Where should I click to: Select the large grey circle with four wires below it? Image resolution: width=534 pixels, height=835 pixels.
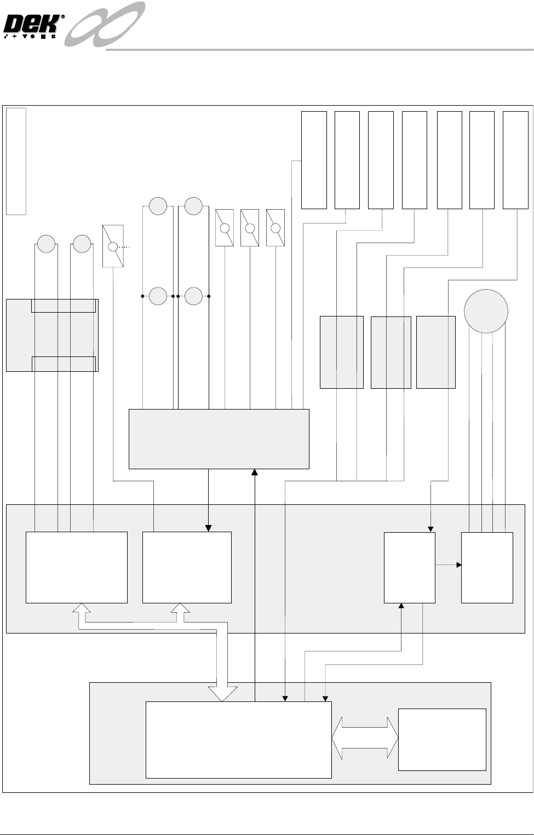tap(486, 311)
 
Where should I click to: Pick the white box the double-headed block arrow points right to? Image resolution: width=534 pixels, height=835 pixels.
tap(442, 739)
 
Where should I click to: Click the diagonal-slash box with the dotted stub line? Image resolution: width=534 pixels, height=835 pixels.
tap(113, 246)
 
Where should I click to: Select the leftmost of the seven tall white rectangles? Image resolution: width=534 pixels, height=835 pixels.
tap(314, 160)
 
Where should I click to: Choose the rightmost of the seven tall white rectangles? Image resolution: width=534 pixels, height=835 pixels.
tap(515, 160)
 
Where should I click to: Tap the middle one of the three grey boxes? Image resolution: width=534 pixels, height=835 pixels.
tap(391, 353)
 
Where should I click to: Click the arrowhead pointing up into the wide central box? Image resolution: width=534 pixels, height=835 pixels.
tap(255, 472)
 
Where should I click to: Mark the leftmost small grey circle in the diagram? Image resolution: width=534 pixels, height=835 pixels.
tap(47, 244)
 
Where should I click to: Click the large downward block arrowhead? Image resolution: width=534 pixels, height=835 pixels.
tap(223, 693)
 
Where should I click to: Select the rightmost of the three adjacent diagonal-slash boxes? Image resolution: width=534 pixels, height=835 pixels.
tap(275, 228)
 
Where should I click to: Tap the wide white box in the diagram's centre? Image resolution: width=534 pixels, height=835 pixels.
tap(219, 439)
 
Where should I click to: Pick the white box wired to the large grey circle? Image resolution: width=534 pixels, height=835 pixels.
tap(487, 567)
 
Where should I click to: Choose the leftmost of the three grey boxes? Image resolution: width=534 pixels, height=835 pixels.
tap(341, 353)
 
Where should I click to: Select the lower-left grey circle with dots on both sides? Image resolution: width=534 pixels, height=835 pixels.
tap(158, 296)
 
